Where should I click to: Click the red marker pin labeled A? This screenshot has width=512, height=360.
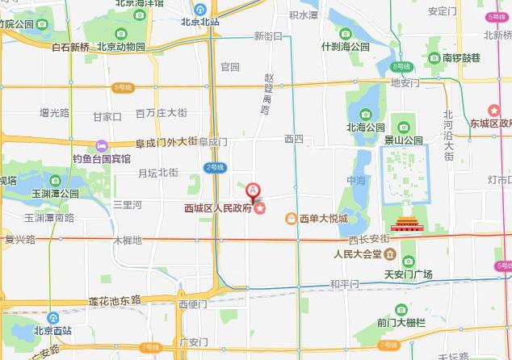(x=254, y=191)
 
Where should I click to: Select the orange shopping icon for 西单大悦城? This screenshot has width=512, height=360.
(x=291, y=218)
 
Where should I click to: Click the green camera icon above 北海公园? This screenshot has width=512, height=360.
(x=364, y=114)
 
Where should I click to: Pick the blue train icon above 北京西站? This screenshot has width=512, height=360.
(x=52, y=318)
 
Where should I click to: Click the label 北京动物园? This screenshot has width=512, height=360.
(x=121, y=47)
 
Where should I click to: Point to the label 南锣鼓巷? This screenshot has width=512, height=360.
(x=461, y=58)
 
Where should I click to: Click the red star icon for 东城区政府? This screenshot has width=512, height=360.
(x=493, y=111)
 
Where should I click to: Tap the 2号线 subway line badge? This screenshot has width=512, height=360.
(x=214, y=167)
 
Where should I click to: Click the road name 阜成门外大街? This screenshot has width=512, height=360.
(x=166, y=143)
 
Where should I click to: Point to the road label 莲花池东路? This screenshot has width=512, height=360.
(x=115, y=300)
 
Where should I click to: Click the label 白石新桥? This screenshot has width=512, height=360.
(x=70, y=47)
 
